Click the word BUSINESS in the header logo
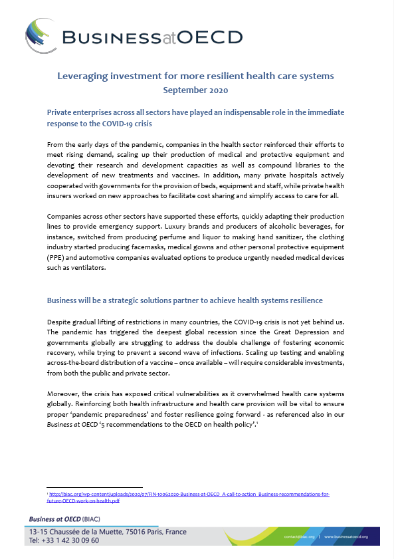100,37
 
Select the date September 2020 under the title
196,89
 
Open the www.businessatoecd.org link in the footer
353,536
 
